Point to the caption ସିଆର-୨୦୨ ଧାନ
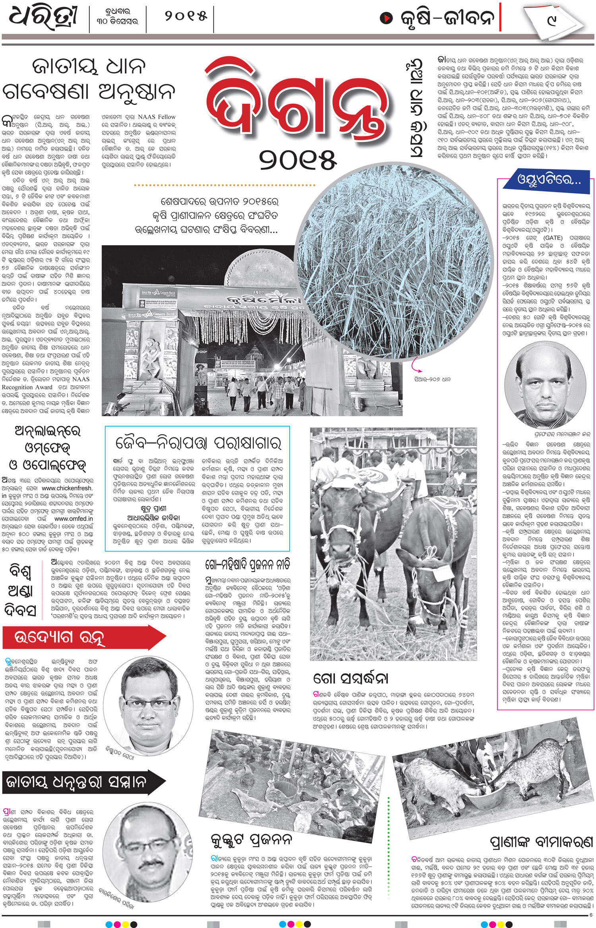click(432, 379)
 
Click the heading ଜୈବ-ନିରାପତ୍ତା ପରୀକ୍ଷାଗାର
click(198, 443)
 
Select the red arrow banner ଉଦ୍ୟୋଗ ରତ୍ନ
click(79, 637)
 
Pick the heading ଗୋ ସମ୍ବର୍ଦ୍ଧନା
click(350, 678)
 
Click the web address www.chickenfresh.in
click(67, 488)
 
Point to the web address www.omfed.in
click(74, 518)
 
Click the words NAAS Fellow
click(157, 117)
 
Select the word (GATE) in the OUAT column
click(553, 238)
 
